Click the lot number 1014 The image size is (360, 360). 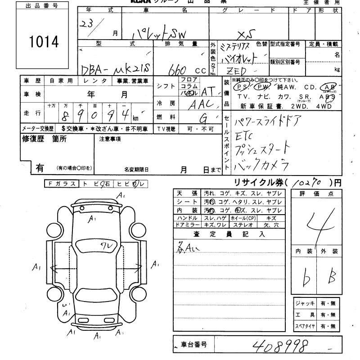44,42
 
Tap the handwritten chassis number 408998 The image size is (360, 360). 281,346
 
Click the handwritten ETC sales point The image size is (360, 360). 246,135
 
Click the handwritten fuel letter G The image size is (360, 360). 202,118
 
